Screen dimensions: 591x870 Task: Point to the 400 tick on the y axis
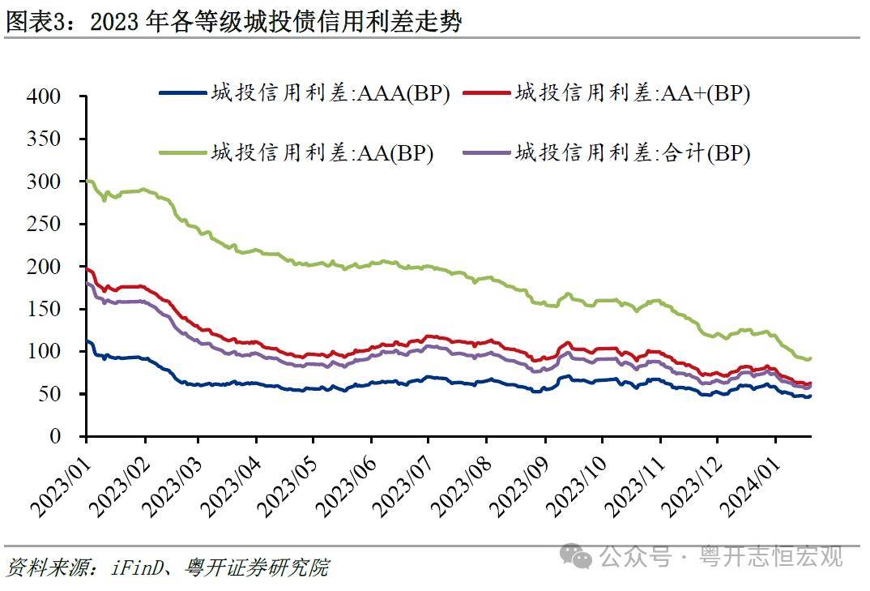44,96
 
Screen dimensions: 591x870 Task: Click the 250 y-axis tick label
44,224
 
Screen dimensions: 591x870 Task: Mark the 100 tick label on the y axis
44,351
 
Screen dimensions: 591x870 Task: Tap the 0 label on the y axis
54,436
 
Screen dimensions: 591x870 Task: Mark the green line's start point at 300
87,181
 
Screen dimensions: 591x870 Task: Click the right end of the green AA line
810,358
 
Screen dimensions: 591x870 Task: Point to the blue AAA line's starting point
87,341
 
